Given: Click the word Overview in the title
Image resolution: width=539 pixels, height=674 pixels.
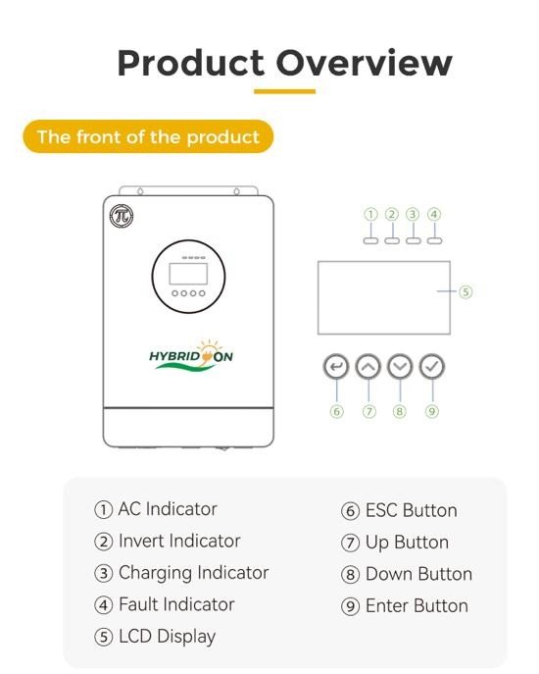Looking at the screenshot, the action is pos(364,63).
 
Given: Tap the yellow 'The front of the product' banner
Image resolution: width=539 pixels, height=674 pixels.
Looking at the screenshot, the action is pos(148,136).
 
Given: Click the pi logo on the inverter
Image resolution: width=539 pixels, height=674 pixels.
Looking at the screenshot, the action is pos(122,216).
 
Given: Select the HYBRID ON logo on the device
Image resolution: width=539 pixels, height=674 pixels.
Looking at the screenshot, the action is pos(191,355).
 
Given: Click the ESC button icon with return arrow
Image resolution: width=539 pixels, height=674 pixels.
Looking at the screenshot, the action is pos(336,367).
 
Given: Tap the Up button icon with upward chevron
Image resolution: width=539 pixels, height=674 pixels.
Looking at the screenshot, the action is pos(368,367).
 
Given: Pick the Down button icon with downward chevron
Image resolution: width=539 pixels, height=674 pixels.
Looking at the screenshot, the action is pos(400,367).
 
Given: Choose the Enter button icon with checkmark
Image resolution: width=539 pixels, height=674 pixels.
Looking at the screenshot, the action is pos(431,367).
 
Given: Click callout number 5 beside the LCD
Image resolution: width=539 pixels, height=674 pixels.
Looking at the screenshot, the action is pos(465,291).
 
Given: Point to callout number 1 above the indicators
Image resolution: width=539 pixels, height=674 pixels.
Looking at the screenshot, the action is pos(370,214).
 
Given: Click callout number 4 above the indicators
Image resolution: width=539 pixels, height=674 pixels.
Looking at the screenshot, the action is pos(434,214).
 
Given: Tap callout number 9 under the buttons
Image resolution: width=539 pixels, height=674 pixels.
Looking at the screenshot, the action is pos(431,411).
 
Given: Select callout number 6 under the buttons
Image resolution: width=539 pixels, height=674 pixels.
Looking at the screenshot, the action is pos(337,411).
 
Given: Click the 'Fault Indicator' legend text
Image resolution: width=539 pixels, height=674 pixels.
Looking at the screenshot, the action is pos(176,604).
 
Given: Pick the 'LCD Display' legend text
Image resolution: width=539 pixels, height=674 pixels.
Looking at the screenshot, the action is pos(167,637).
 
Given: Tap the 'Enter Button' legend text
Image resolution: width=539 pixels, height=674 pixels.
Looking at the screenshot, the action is pos(416,606).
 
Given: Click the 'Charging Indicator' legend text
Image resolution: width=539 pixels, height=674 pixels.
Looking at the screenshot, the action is pos(194,573).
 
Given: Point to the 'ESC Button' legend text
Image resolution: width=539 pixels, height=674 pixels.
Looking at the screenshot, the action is pos(411,511).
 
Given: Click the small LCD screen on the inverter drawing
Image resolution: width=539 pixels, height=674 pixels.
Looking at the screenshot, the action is pos(188,274).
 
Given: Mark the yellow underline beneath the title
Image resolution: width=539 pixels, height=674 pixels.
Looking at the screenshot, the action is pos(285,91).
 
